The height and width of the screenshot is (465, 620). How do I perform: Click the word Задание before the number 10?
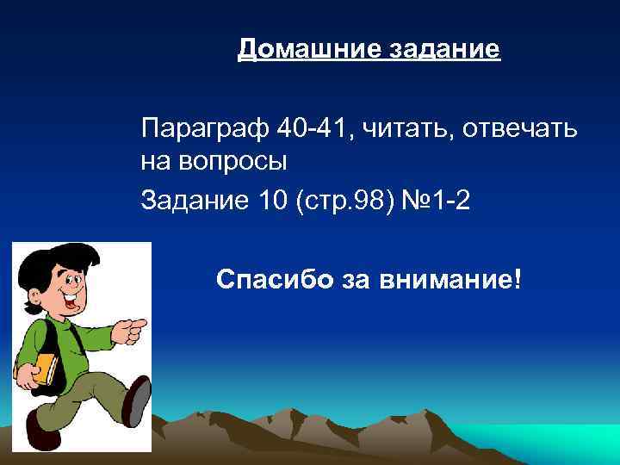coord(195,201)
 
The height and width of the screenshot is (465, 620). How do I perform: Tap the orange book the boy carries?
coord(45,368)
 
